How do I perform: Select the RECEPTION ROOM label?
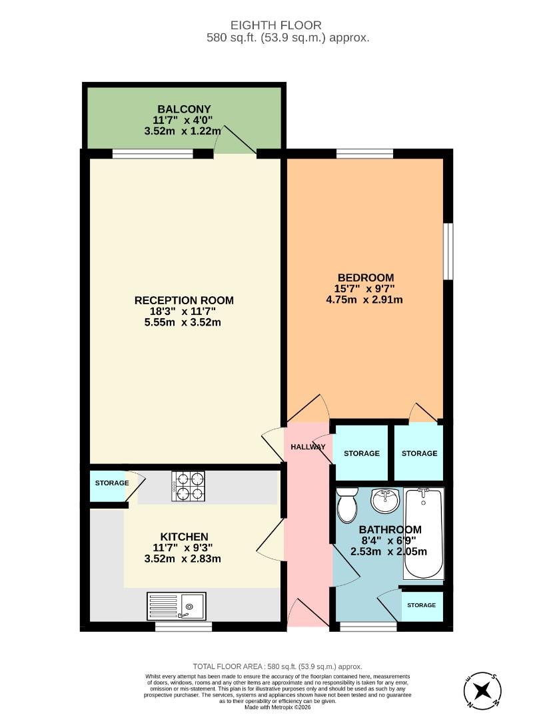(184, 300)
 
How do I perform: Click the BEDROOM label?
(365, 278)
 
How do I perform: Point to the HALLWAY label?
(308, 447)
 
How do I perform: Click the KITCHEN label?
(184, 537)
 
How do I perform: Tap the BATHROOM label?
(390, 529)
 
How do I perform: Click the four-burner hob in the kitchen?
(189, 486)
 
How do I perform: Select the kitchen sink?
(179, 606)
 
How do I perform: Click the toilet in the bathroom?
(346, 506)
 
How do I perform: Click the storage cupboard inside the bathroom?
(421, 605)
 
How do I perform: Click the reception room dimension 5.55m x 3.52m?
(184, 323)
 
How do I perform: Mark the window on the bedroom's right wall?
(448, 252)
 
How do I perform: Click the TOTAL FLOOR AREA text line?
(276, 666)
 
